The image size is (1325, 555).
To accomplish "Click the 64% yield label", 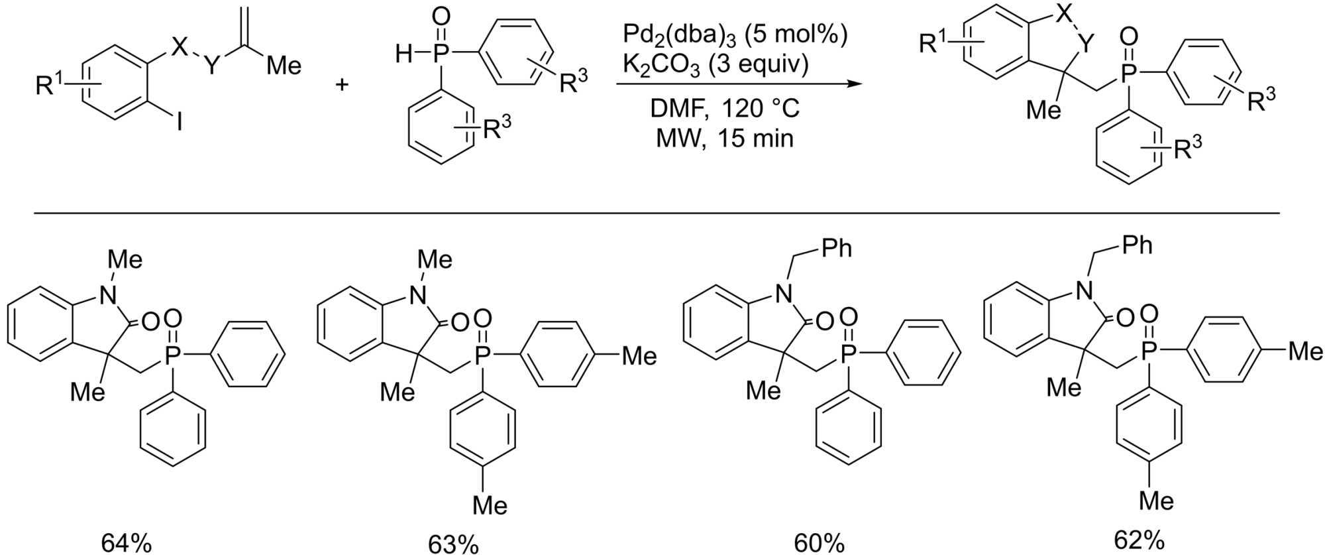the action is [126, 542].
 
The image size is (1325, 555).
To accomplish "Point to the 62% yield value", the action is [1139, 540].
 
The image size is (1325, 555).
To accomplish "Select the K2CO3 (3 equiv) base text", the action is [715, 65].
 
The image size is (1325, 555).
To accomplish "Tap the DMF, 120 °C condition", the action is [725, 107].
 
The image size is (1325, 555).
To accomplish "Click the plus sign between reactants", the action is [342, 85].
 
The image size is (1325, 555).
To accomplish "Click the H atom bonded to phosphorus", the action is [403, 54].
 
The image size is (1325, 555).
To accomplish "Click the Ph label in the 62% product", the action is [1137, 245].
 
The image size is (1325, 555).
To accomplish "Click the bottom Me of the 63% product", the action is [490, 505].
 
